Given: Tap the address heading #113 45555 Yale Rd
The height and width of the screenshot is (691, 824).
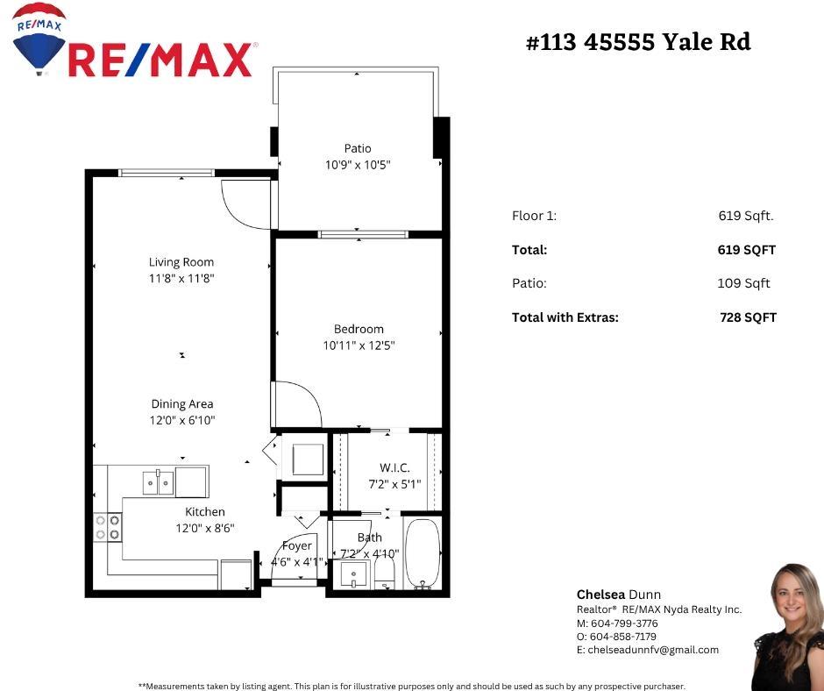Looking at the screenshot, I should click(637, 42).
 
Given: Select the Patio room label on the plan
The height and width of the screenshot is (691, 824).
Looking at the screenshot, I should click(358, 148).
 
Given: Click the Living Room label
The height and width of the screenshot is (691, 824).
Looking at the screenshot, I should click(181, 262).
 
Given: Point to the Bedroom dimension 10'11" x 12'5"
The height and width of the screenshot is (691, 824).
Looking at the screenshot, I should click(359, 345).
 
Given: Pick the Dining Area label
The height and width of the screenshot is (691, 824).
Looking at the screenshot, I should click(182, 404).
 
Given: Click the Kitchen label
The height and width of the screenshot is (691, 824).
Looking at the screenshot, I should click(205, 512).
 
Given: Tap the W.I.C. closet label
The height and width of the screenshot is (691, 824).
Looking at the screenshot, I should click(394, 467).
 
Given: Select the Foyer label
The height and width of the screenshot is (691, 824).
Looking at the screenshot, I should click(297, 545).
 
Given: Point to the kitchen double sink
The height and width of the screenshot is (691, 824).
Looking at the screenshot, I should click(158, 482).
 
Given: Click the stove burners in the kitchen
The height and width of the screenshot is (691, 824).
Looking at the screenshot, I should click(107, 527).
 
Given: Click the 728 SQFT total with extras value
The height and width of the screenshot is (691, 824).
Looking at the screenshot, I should click(748, 317).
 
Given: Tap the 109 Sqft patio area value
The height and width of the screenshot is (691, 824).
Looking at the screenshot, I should click(743, 283).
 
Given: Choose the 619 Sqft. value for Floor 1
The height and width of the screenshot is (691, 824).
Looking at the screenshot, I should click(745, 216).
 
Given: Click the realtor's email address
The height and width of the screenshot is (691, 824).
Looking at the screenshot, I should click(647, 650).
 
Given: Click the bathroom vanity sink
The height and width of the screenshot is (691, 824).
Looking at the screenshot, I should click(354, 574).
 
